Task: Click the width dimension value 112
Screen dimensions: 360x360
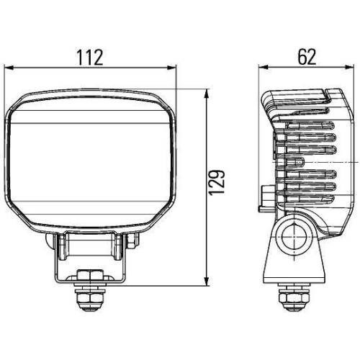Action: (x=91, y=55)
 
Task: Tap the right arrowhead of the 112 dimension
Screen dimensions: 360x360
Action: (x=174, y=68)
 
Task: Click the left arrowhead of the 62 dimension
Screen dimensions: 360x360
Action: (x=263, y=68)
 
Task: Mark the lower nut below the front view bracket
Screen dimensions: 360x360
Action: (x=91, y=297)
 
